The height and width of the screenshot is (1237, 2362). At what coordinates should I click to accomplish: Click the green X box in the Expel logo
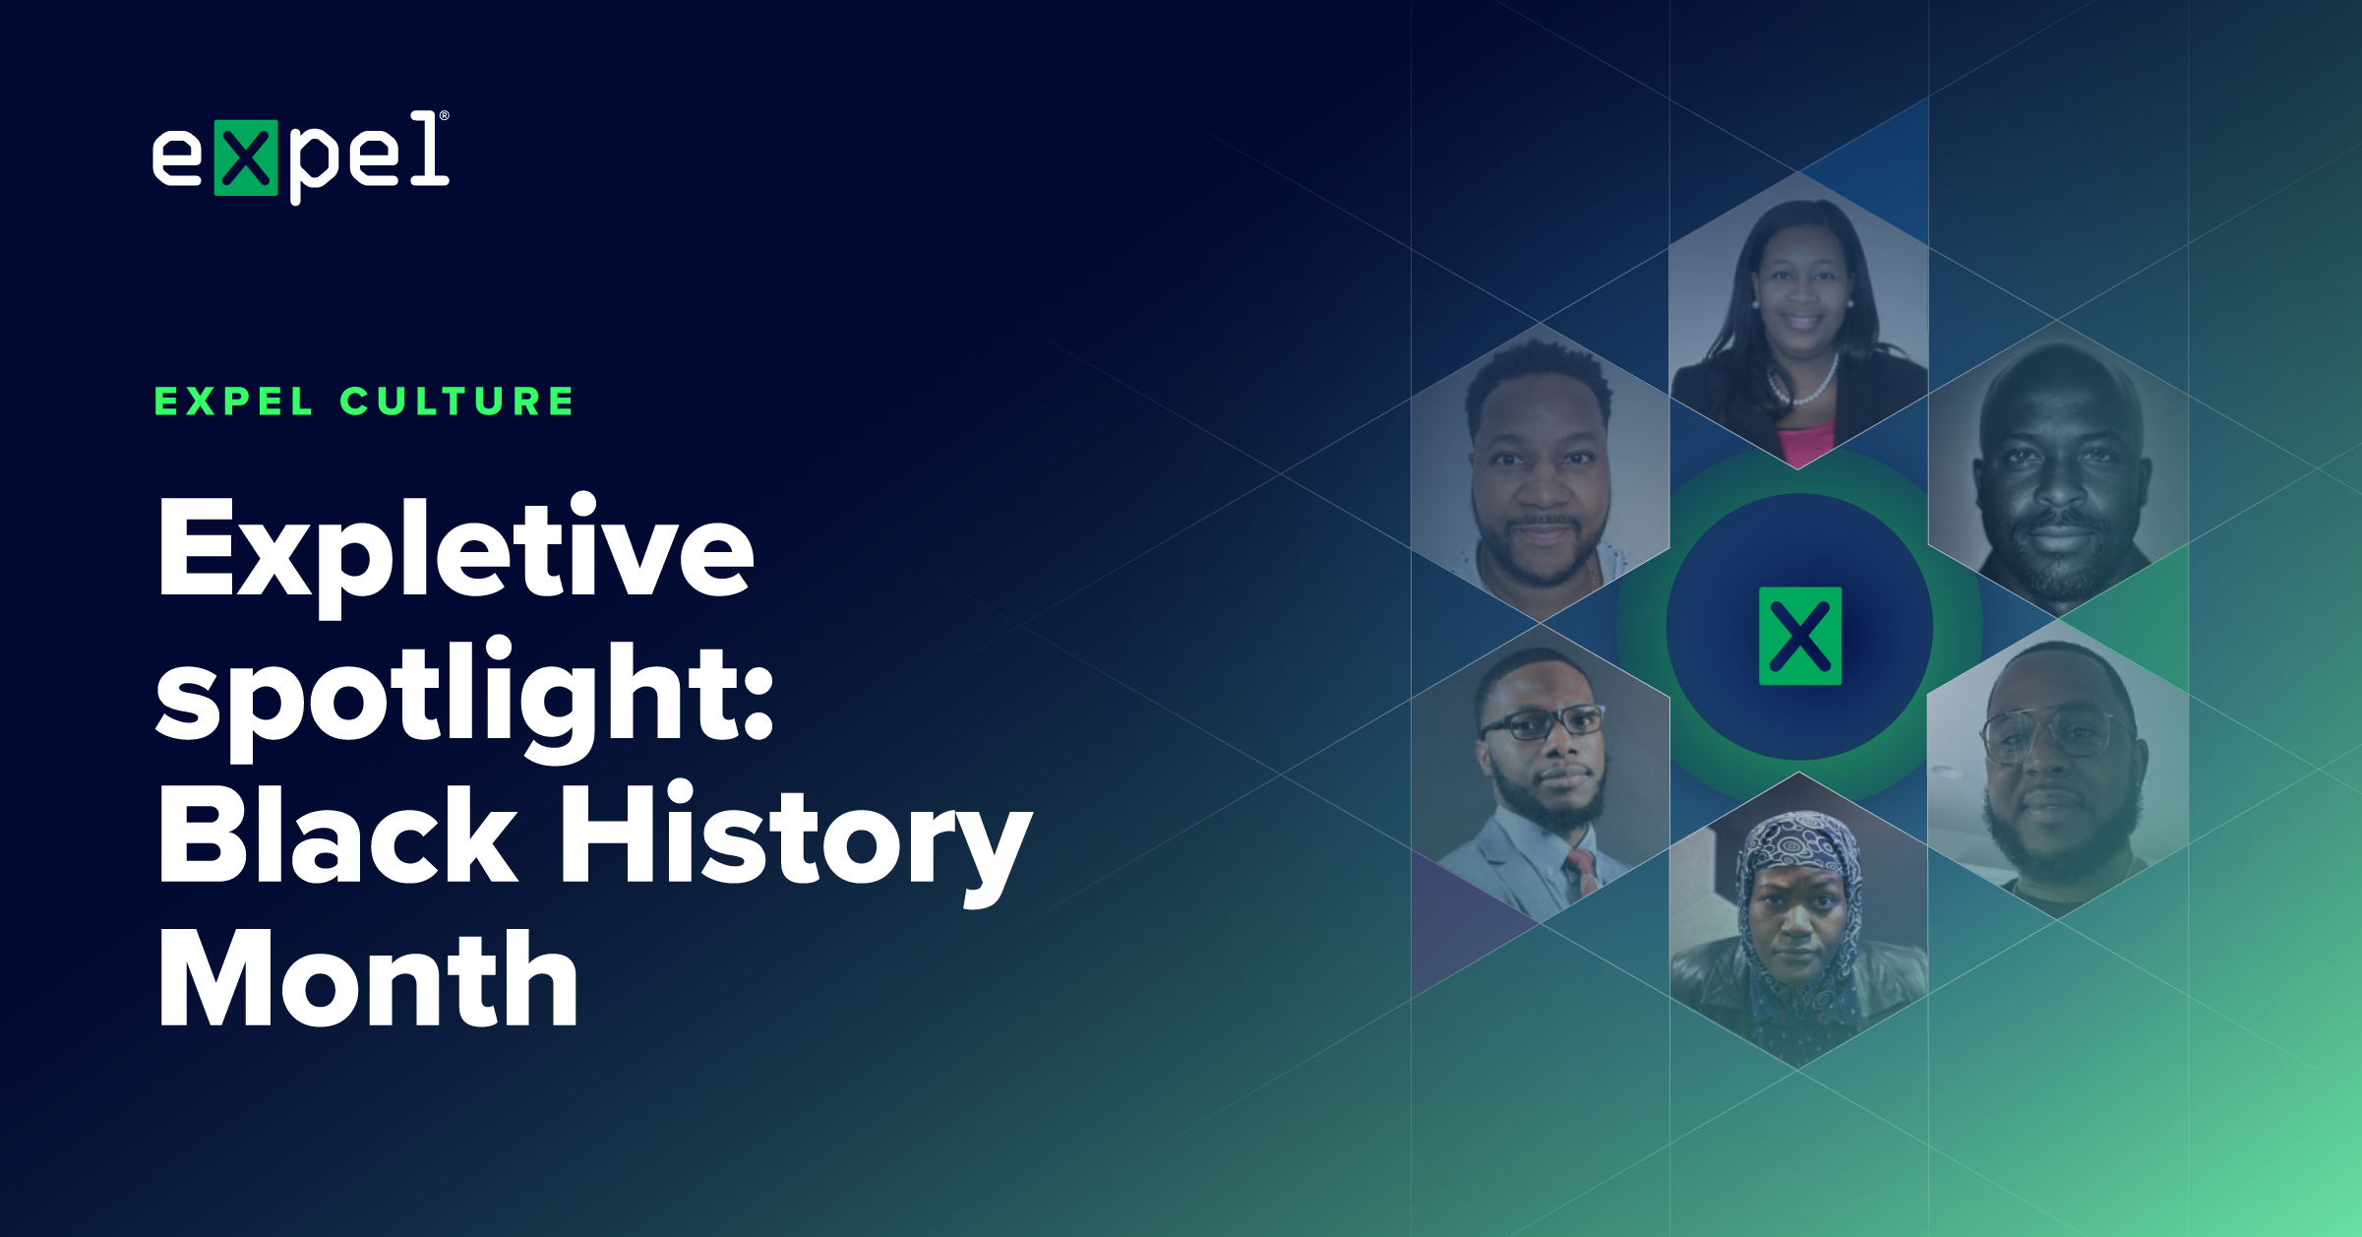click(x=246, y=157)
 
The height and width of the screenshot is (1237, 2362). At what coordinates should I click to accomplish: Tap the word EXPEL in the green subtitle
click(x=234, y=402)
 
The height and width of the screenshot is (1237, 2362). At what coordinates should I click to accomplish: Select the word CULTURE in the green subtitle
click(x=457, y=402)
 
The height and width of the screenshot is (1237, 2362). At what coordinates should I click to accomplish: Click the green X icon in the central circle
click(x=1799, y=636)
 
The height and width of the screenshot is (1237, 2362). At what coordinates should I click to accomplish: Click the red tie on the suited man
click(x=1582, y=872)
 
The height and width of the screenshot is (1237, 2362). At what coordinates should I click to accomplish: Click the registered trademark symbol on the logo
click(x=445, y=116)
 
